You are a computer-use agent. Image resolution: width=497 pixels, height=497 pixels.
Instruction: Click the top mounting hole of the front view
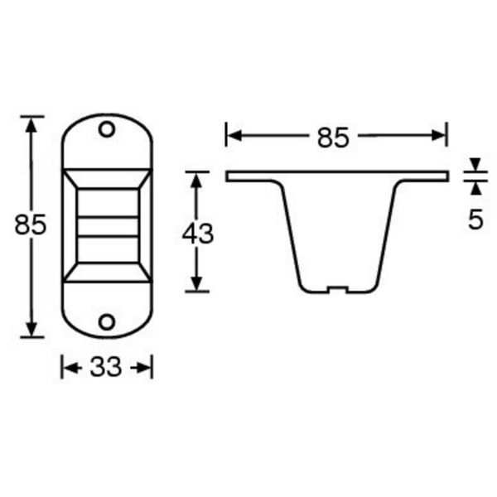tap(107, 129)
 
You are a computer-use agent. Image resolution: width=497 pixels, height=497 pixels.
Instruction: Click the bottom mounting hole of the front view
tap(107, 321)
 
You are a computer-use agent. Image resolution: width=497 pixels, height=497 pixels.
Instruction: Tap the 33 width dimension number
tap(106, 367)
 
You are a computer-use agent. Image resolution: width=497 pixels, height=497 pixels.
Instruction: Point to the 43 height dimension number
tap(197, 234)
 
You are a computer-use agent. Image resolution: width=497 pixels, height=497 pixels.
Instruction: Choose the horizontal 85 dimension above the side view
tap(333, 138)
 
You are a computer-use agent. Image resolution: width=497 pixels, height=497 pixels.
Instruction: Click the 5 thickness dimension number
tap(475, 220)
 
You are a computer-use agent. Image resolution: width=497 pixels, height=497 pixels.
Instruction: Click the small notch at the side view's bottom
tap(337, 290)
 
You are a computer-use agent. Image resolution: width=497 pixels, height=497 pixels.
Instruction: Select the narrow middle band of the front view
tap(107, 226)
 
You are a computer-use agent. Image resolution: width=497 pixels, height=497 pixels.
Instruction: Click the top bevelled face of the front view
tap(107, 178)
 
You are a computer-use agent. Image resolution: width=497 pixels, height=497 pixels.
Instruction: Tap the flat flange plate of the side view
tap(337, 176)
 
